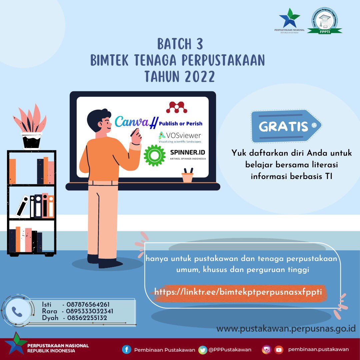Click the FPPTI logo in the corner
click(x=324, y=22)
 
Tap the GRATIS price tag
click(x=286, y=126)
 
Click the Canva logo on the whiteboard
click(x=132, y=122)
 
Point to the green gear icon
click(x=154, y=155)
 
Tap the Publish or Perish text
click(x=180, y=124)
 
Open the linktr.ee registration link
click(x=238, y=292)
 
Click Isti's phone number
click(x=88, y=304)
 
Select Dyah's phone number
click(x=87, y=318)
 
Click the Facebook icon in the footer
click(x=126, y=349)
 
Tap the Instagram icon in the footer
click(x=266, y=349)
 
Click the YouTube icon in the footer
click(x=278, y=350)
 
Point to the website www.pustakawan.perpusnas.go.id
click(x=286, y=329)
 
